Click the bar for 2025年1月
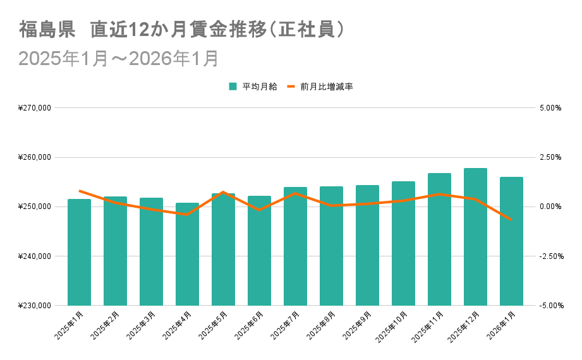pyautogui.click(x=79, y=253)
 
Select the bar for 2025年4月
pyautogui.click(x=187, y=254)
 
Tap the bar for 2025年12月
pyautogui.click(x=475, y=237)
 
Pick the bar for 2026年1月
pyautogui.click(x=511, y=241)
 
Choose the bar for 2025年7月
pyautogui.click(x=295, y=246)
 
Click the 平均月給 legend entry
pyautogui.click(x=253, y=87)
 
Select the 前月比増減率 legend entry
pyautogui.click(x=320, y=87)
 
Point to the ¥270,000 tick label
pyautogui.click(x=35, y=108)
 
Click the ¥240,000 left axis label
pyautogui.click(x=35, y=256)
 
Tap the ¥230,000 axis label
pyautogui.click(x=35, y=306)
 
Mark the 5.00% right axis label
pyautogui.click(x=550, y=108)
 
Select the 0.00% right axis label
pyautogui.click(x=550, y=207)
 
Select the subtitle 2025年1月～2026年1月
pyautogui.click(x=119, y=58)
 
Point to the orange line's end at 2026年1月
pyautogui.click(x=511, y=219)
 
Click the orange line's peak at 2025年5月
pyautogui.click(x=223, y=192)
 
